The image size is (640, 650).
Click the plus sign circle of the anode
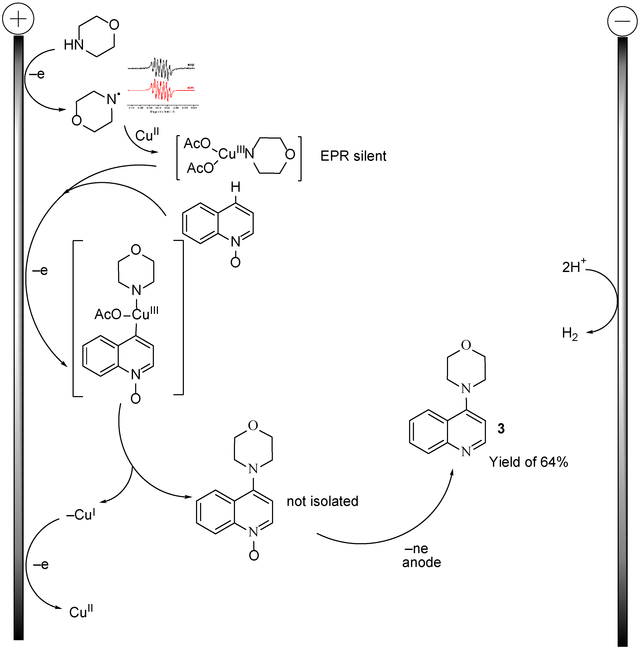18,19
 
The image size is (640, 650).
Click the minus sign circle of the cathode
622,21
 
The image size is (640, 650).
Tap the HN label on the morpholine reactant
74,45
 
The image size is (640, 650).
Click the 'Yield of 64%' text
528,462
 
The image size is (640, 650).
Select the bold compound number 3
501,428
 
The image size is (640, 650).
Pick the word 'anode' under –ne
421,563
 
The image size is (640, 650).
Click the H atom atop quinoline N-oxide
236,187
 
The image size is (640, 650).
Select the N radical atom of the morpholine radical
112,99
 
